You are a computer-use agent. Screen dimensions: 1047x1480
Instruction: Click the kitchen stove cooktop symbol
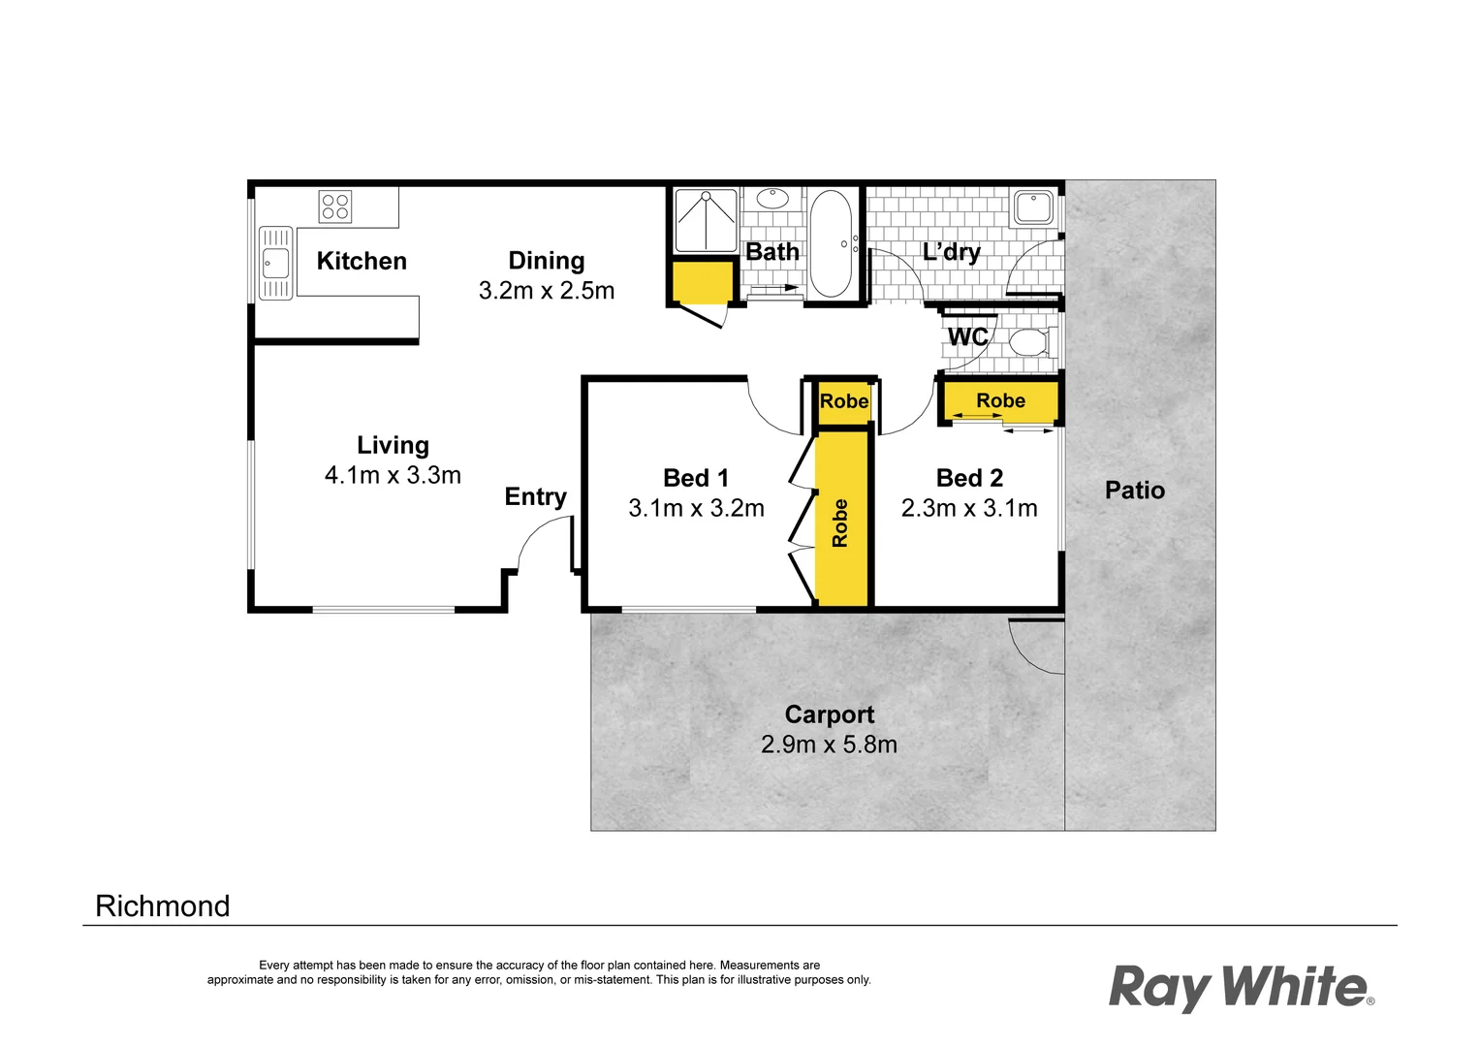pyautogui.click(x=335, y=206)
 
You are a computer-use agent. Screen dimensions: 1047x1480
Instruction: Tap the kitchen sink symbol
pyautogui.click(x=275, y=263)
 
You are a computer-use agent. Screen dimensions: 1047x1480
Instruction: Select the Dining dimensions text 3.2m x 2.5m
pyautogui.click(x=547, y=291)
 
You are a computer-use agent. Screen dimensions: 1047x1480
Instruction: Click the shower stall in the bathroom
pyautogui.click(x=706, y=221)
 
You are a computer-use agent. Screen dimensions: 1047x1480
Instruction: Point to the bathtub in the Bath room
pyautogui.click(x=831, y=243)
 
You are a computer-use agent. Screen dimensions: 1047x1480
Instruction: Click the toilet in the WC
pyautogui.click(x=1028, y=342)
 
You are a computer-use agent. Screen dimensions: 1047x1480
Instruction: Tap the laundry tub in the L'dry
pyautogui.click(x=1033, y=207)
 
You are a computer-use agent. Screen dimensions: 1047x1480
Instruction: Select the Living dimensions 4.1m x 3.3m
pyautogui.click(x=393, y=475)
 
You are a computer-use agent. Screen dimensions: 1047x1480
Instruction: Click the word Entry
pyautogui.click(x=535, y=497)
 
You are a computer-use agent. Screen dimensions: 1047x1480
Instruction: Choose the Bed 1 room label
pyautogui.click(x=696, y=478)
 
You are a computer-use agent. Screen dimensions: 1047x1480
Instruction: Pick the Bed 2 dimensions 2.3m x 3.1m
pyautogui.click(x=969, y=508)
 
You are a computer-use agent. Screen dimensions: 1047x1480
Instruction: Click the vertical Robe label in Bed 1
pyautogui.click(x=840, y=523)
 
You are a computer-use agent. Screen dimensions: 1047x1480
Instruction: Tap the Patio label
pyautogui.click(x=1135, y=491)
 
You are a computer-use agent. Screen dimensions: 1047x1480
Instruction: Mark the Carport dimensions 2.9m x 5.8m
pyautogui.click(x=829, y=745)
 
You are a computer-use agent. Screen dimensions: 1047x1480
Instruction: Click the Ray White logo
pyautogui.click(x=1241, y=987)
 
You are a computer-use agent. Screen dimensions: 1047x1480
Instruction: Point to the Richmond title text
pyautogui.click(x=163, y=906)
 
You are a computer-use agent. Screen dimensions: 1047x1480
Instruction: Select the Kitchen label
pyautogui.click(x=362, y=261)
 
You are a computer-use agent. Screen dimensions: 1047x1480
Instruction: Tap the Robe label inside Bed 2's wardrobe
pyautogui.click(x=1000, y=400)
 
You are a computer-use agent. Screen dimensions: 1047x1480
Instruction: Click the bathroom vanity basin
pyautogui.click(x=772, y=199)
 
